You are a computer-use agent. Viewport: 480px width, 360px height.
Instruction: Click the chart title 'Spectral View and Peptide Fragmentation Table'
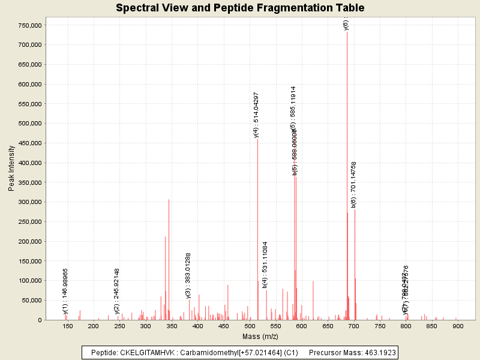240,8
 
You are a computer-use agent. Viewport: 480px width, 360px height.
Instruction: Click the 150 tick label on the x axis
67,325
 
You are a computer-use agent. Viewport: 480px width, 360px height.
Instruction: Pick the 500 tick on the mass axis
250,325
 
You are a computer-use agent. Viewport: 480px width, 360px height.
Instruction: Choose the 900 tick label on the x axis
458,325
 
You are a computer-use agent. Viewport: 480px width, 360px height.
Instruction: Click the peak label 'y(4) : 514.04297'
256,115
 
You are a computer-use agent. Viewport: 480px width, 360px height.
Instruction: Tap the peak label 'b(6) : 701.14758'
354,185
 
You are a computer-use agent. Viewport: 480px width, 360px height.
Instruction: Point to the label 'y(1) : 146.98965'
65,291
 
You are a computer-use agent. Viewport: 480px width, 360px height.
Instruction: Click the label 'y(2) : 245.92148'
117,291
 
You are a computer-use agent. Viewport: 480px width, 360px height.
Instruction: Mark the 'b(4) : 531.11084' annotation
265,265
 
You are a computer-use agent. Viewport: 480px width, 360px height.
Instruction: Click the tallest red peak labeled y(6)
347,180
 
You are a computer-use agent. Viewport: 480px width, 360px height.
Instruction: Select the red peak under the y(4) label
257,240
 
